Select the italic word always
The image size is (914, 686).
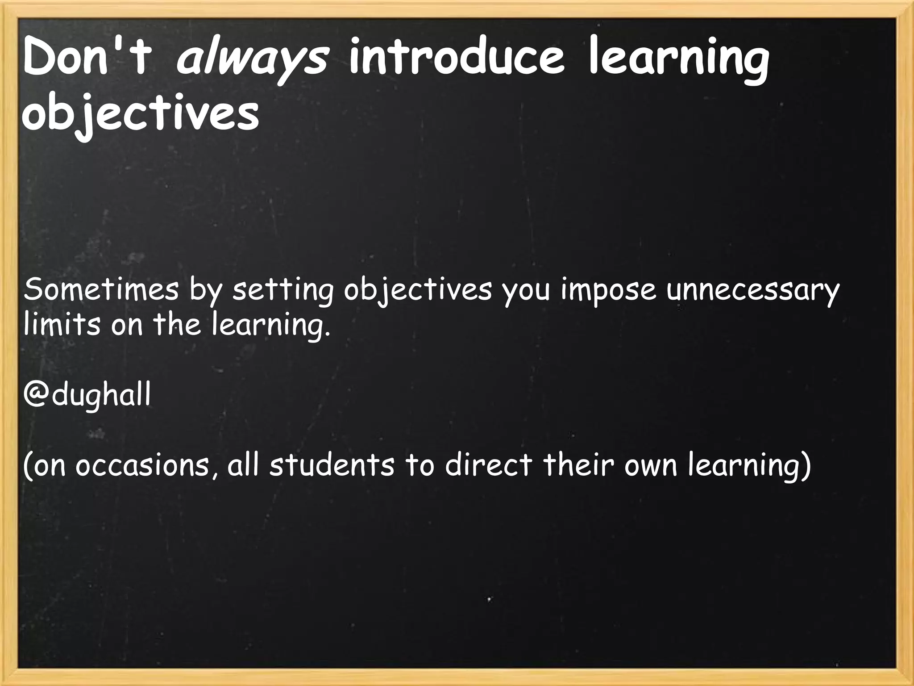point(252,61)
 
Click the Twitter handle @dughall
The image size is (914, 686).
point(87,396)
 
